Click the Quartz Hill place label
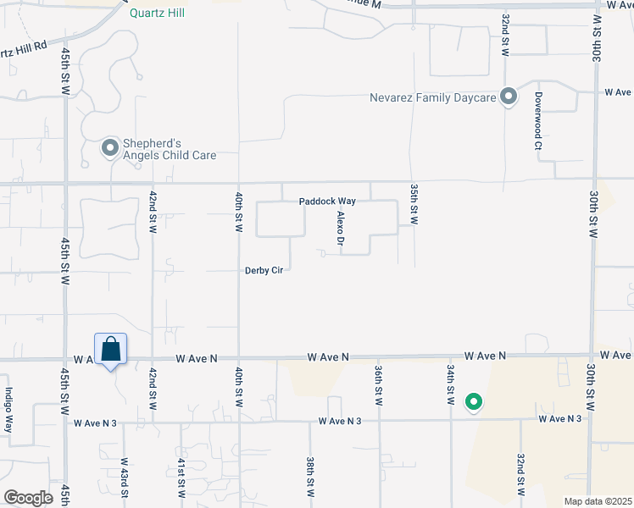click(x=157, y=13)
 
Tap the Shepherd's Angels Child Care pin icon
click(x=110, y=149)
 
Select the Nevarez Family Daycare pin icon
click(x=509, y=97)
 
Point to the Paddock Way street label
click(x=326, y=202)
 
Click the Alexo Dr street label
click(x=341, y=229)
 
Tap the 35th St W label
click(x=414, y=204)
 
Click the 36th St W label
click(x=379, y=383)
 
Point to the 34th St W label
click(x=450, y=383)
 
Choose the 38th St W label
click(x=310, y=478)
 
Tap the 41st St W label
click(x=181, y=479)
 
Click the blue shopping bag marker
click(x=110, y=349)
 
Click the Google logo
click(x=29, y=497)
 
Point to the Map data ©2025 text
click(x=597, y=501)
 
